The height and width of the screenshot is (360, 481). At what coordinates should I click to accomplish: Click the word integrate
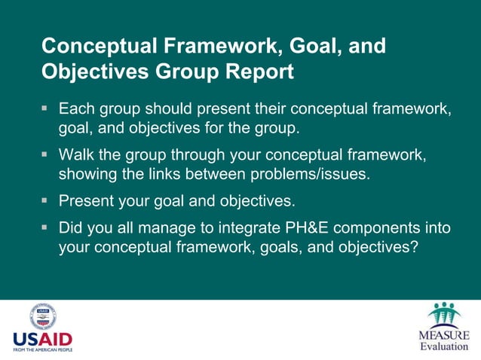click(235, 227)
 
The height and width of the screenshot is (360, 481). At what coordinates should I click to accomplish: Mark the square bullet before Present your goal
click(45, 201)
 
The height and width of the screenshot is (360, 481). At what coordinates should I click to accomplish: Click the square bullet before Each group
click(45, 108)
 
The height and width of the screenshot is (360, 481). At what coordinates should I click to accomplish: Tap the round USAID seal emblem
click(43, 316)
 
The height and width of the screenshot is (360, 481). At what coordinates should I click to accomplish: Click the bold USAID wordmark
click(42, 340)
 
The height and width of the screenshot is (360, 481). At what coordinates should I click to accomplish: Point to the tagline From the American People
click(42, 351)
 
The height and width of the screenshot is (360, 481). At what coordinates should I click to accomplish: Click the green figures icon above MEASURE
click(444, 314)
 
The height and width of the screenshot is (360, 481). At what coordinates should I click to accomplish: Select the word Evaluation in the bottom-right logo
click(444, 346)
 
